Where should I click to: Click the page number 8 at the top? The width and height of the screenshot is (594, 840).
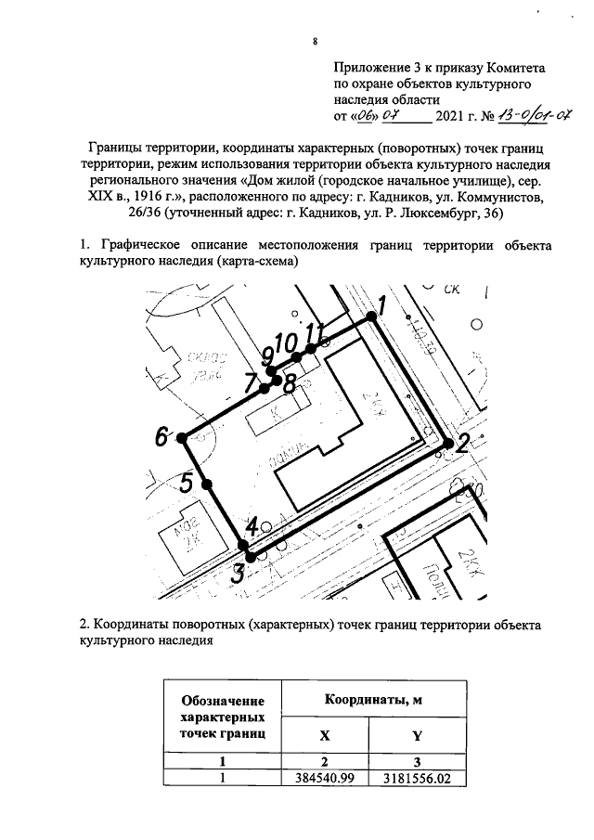pos(316,42)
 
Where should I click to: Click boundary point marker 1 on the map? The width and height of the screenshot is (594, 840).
pos(371,317)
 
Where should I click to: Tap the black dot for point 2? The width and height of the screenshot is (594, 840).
pos(449,445)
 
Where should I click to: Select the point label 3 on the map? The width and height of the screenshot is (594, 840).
pos(238,574)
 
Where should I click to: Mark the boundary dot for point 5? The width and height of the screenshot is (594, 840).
pos(207,484)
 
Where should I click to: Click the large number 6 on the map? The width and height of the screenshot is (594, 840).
pos(163,435)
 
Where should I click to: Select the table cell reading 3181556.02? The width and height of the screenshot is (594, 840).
pos(417,779)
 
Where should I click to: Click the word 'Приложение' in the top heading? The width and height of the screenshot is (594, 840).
pos(371,68)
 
